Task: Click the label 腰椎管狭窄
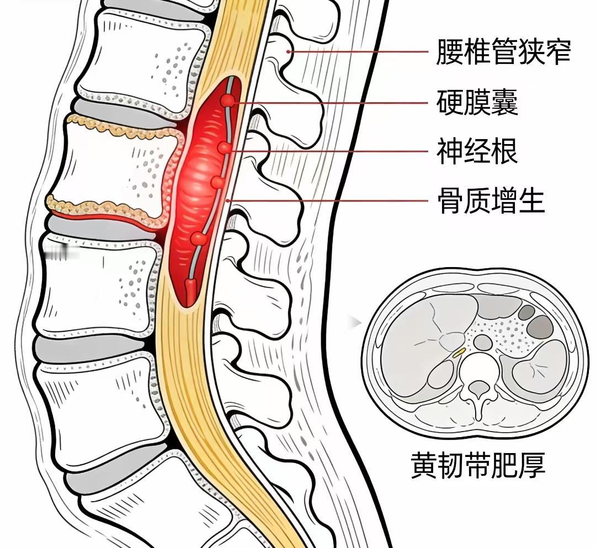[x=503, y=52]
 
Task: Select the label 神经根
[x=477, y=150]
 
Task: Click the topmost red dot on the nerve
[x=227, y=100]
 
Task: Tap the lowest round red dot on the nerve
[x=199, y=239]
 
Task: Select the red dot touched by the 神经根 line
[x=223, y=148]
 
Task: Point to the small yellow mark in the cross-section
[x=459, y=352]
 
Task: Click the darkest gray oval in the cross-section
[x=540, y=327]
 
